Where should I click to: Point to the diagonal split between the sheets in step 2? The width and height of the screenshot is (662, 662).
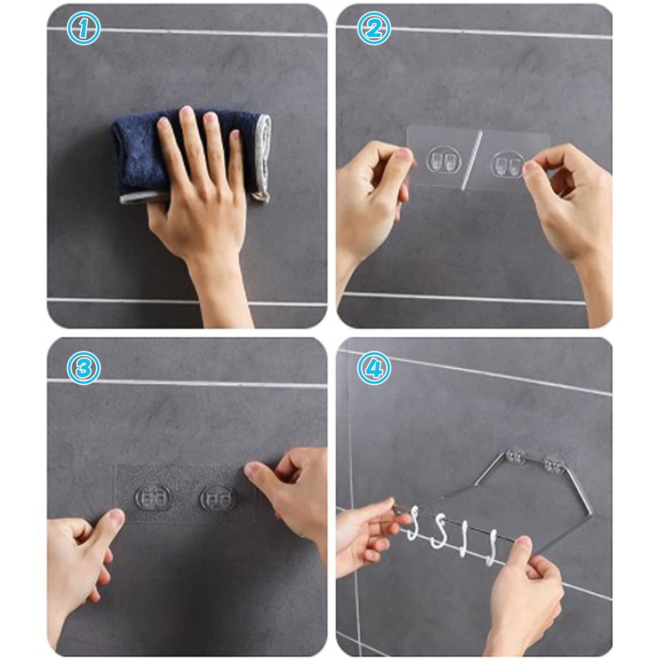pos(471,161)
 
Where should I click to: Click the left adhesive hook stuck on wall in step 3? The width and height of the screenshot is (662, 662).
pos(152,499)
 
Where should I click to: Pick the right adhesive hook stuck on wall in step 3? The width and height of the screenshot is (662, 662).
pos(218,499)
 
